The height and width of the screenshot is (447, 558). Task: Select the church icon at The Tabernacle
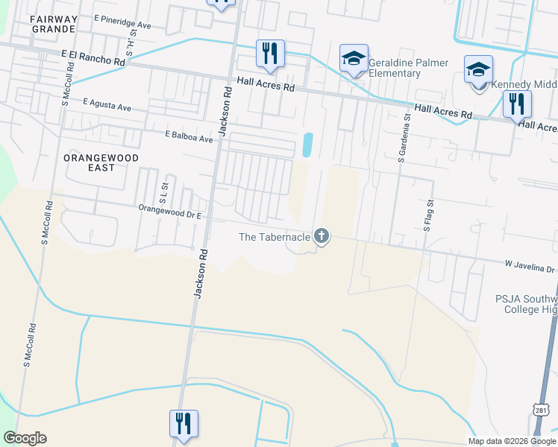pos(322,236)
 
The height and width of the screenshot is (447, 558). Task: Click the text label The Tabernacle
pos(274,237)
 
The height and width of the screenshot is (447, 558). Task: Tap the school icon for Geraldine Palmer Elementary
pos(354,57)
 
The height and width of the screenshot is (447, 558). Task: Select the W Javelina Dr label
pos(531,266)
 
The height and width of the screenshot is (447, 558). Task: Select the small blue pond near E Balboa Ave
pos(307,145)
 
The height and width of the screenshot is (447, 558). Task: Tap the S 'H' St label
pos(132,44)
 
